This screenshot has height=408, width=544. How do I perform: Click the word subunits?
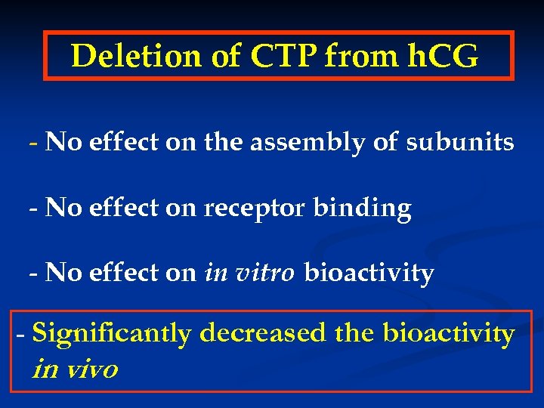(x=460, y=142)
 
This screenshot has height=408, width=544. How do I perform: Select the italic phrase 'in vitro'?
(x=249, y=273)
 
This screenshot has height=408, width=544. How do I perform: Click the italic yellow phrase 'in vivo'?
(x=76, y=369)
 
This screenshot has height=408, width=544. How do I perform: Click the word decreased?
(x=262, y=332)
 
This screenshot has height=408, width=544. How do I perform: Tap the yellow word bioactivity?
(x=449, y=332)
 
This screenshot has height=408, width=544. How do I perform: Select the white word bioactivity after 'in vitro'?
(x=369, y=273)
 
